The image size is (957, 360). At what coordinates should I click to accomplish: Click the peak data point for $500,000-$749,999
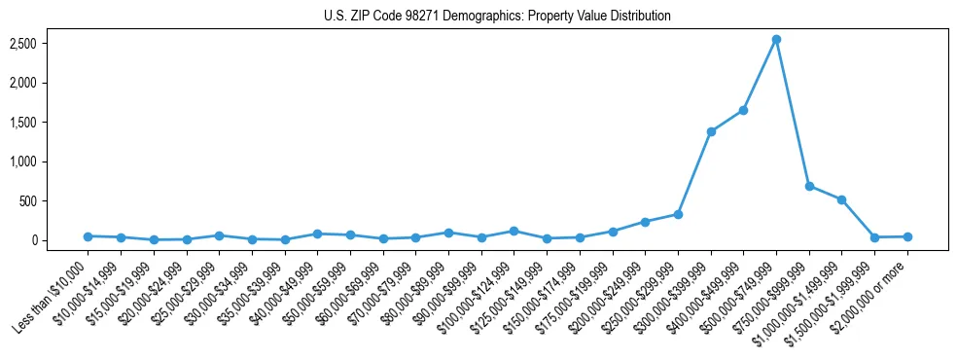(x=776, y=40)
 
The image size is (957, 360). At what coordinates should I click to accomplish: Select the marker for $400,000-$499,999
(x=743, y=110)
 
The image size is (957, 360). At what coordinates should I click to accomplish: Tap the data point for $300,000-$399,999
(x=711, y=131)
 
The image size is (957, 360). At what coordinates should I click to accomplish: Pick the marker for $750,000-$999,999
(x=809, y=186)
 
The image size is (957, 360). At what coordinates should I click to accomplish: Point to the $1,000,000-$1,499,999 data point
(x=841, y=199)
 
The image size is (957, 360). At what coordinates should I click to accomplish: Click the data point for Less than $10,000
(x=88, y=236)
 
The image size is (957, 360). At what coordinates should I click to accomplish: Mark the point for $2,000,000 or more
(x=907, y=236)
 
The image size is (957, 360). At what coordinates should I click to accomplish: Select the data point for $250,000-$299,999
(x=678, y=214)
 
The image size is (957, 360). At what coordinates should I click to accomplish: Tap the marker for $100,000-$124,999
(x=514, y=231)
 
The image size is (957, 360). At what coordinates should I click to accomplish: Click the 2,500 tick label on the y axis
(x=23, y=44)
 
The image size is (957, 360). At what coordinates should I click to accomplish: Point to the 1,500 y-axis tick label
(x=23, y=123)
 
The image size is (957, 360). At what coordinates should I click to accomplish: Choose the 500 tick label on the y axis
(x=28, y=201)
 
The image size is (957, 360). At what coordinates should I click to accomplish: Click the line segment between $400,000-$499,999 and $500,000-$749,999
(x=760, y=75)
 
